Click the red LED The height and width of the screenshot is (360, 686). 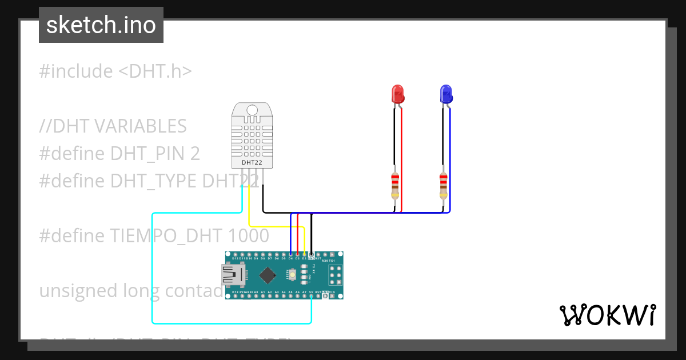pyautogui.click(x=397, y=94)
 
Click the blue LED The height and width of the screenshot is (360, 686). pyautogui.click(x=445, y=94)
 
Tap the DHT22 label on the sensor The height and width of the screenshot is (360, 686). pyautogui.click(x=252, y=162)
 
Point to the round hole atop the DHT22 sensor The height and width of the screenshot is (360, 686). pyautogui.click(x=252, y=109)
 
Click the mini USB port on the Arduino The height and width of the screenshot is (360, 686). pyautogui.click(x=230, y=275)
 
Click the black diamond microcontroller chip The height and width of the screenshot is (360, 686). pyautogui.click(x=267, y=275)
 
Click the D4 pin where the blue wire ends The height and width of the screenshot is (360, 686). pyautogui.click(x=290, y=254)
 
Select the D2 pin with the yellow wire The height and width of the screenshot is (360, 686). pyautogui.click(x=304, y=254)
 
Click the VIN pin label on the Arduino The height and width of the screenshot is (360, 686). pyautogui.click(x=332, y=292)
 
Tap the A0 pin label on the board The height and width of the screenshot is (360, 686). pyautogui.click(x=256, y=292)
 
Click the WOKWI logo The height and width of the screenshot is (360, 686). pyautogui.click(x=607, y=315)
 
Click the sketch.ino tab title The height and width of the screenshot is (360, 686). pyautogui.click(x=101, y=25)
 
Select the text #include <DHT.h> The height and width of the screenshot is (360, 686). pyautogui.click(x=115, y=71)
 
